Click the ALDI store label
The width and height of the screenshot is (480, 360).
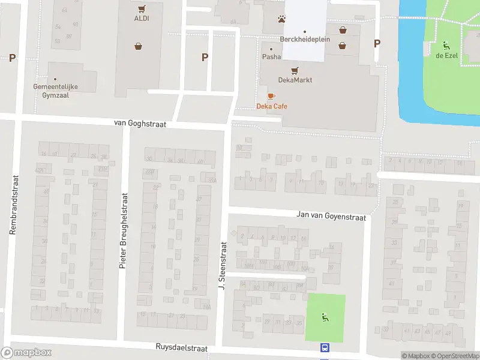click(x=142, y=18)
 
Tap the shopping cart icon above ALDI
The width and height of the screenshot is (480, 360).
click(x=142, y=8)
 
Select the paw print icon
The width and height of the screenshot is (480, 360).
click(x=281, y=19)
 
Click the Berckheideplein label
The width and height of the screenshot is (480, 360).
click(x=305, y=39)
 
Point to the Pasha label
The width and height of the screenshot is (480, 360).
click(x=271, y=57)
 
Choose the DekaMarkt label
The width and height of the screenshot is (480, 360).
click(x=295, y=80)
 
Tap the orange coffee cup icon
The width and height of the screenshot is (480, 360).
click(x=271, y=96)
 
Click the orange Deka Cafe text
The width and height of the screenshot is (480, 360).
click(x=272, y=106)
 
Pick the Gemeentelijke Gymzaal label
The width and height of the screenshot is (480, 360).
click(x=56, y=91)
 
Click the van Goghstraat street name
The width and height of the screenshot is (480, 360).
click(x=140, y=122)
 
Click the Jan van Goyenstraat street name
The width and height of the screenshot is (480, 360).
click(x=331, y=215)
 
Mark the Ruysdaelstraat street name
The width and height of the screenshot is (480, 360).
click(x=181, y=347)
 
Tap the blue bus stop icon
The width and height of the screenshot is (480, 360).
click(x=325, y=347)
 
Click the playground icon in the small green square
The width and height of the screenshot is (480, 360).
click(x=325, y=317)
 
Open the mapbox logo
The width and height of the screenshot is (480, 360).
click(x=26, y=353)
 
